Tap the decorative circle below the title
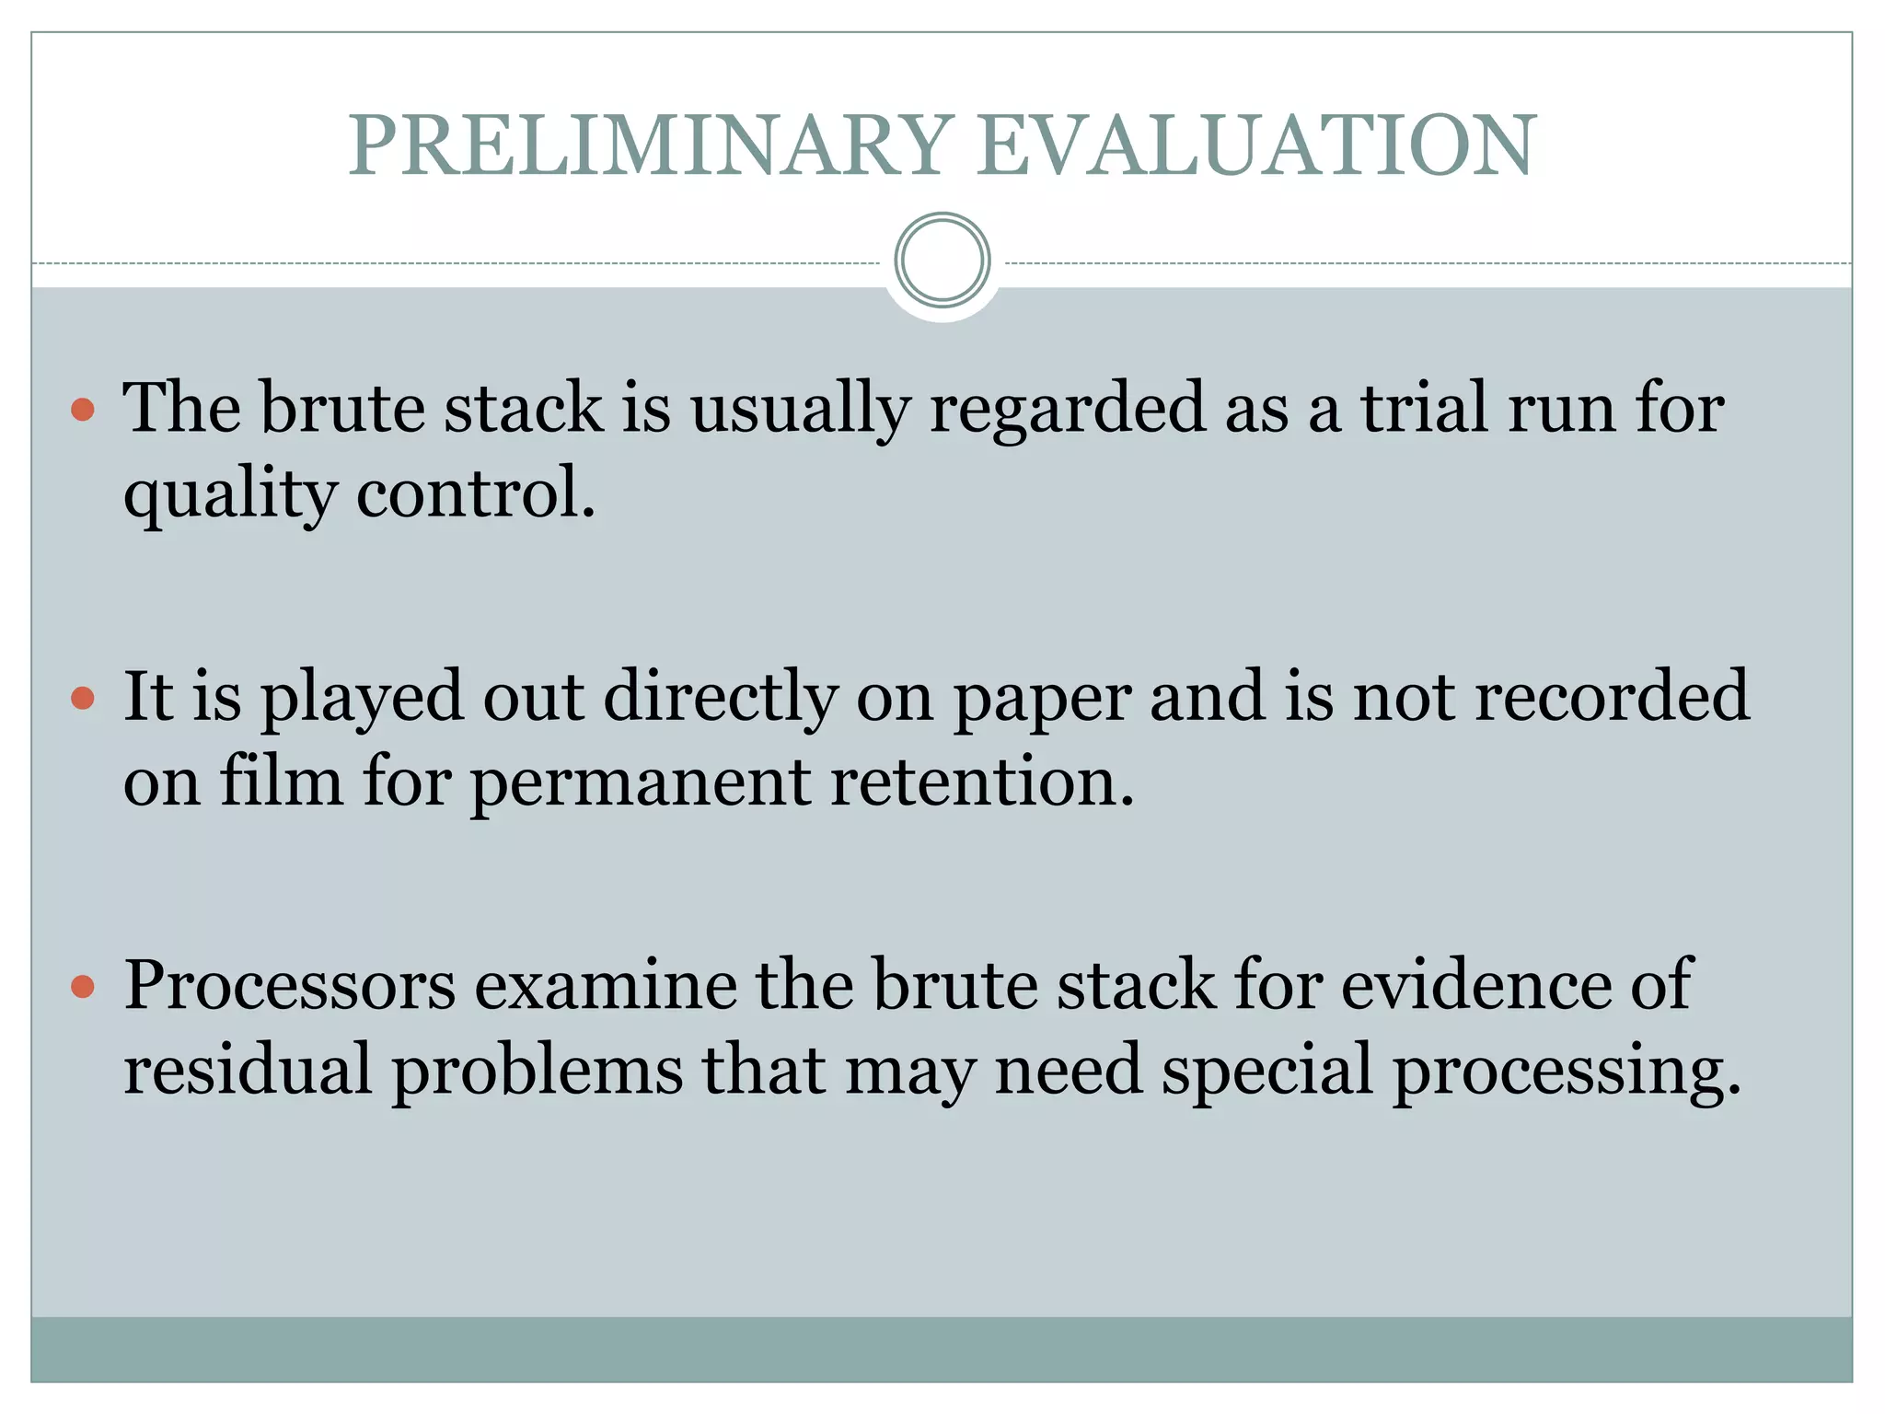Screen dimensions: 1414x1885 point(942,261)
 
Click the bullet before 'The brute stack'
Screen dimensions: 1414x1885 point(83,409)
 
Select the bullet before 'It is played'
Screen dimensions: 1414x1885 point(83,698)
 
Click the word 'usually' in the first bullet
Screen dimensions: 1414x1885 point(800,410)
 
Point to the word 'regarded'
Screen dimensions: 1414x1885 point(1067,410)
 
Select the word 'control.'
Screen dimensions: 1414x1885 point(476,493)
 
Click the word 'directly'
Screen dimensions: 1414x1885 point(720,698)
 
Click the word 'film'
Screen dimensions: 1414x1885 point(281,782)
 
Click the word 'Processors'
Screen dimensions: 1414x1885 point(289,986)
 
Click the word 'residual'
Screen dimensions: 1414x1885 point(248,1071)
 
